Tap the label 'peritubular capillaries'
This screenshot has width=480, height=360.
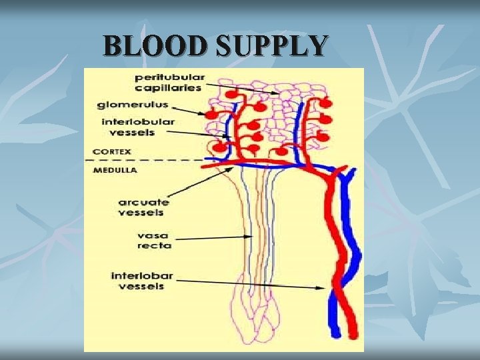click(169, 82)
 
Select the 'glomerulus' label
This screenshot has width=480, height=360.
click(133, 105)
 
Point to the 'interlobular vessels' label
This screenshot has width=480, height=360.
click(138, 127)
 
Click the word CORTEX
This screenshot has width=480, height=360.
click(112, 151)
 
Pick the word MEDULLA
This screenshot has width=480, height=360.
click(115, 170)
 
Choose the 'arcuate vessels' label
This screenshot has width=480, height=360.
click(143, 207)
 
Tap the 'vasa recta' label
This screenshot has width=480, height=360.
click(154, 240)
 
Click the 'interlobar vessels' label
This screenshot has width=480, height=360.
click(141, 281)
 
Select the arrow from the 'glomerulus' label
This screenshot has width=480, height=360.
click(189, 111)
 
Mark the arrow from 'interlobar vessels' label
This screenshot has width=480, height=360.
click(253, 284)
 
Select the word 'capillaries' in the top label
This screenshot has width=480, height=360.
click(169, 87)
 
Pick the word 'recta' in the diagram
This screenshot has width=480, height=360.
click(155, 245)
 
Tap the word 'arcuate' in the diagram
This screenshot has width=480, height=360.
click(143, 202)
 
